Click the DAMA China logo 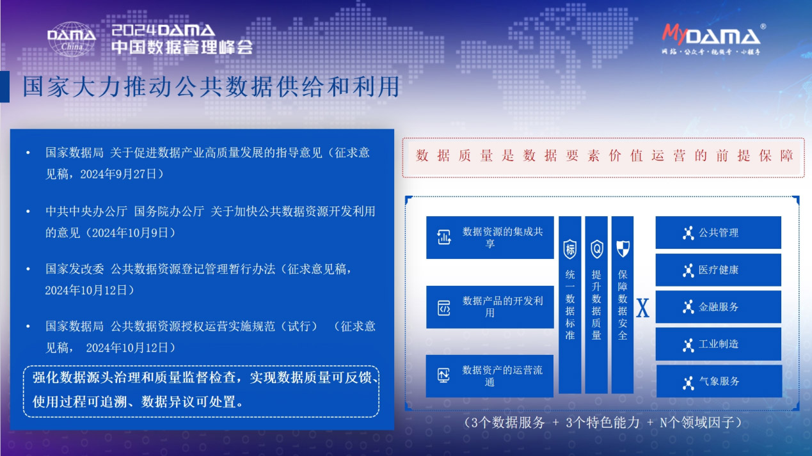(x=72, y=39)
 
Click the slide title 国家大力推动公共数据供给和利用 (x=211, y=87)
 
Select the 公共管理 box (x=718, y=233)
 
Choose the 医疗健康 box (x=718, y=270)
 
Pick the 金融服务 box (x=718, y=307)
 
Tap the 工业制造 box (x=718, y=344)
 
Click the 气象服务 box (x=719, y=381)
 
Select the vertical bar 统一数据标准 (x=569, y=304)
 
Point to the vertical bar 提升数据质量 (x=596, y=304)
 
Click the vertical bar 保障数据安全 (x=623, y=304)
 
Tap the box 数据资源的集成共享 (x=490, y=237)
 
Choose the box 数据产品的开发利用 (x=490, y=307)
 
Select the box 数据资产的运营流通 (x=490, y=376)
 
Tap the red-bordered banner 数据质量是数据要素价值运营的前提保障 (x=603, y=156)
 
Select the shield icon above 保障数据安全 (x=623, y=249)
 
